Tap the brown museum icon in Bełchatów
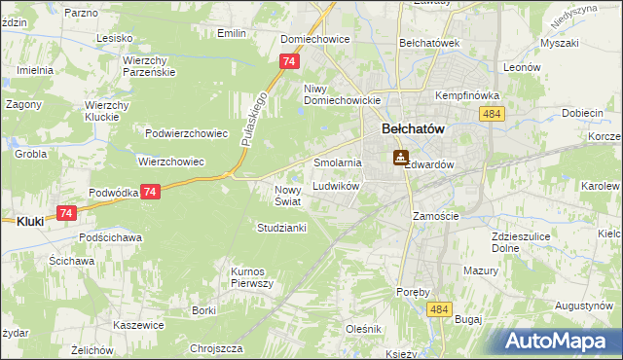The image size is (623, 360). point(400,158)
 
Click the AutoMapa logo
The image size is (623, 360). point(563,342)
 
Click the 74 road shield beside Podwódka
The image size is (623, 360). point(149,193)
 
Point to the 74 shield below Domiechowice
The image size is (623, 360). point(287,61)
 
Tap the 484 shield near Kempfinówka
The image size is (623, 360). point(491,115)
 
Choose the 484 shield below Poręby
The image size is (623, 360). point(438,308)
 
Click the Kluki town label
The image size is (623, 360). point(30,222)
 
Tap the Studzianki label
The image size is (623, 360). point(281,228)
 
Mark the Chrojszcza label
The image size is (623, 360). point(216,347)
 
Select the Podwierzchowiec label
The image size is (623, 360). point(185,134)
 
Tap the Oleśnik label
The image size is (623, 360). point(363,329)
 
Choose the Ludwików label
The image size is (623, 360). point(337,185)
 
